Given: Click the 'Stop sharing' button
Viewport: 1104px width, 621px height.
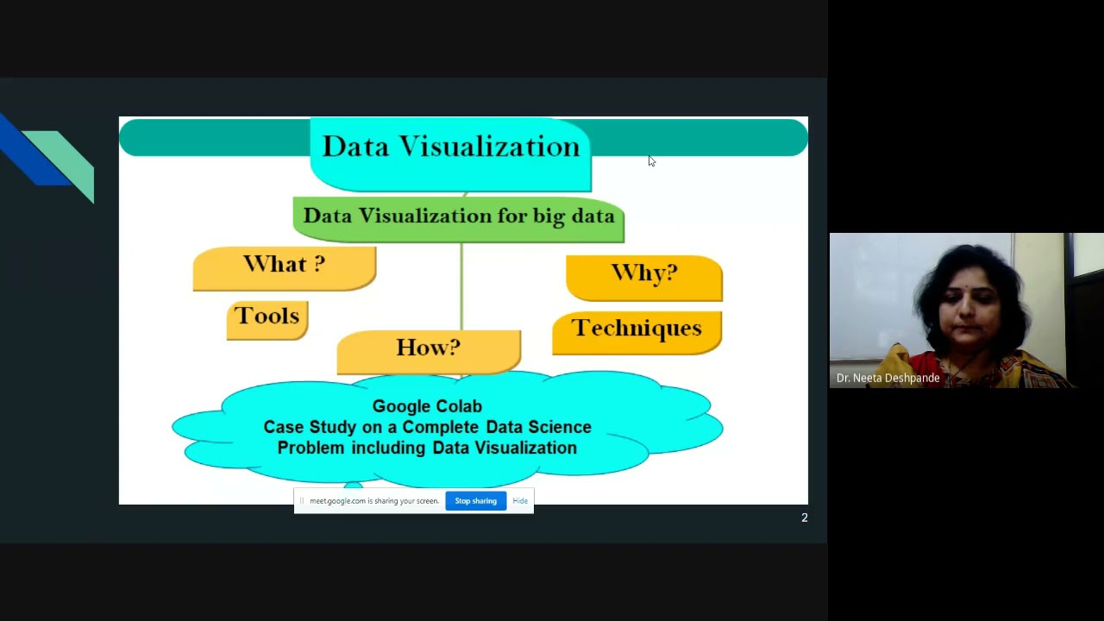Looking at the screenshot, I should click(x=475, y=501).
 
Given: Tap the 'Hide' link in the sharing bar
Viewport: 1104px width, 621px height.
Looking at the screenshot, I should click(x=520, y=501).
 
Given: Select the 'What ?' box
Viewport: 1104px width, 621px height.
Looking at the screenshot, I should click(x=284, y=267).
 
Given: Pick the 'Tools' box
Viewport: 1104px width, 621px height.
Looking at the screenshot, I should click(x=267, y=317).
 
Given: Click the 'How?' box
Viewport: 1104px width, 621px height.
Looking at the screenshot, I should click(x=428, y=349).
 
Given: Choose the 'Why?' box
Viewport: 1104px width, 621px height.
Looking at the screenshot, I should click(x=643, y=275).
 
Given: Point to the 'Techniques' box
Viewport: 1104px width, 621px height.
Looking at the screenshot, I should click(x=637, y=330).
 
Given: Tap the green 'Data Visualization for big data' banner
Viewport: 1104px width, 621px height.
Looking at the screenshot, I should click(x=458, y=217).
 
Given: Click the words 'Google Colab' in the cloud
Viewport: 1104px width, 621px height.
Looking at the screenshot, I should click(x=427, y=406).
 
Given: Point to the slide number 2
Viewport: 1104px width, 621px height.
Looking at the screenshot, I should click(x=805, y=517).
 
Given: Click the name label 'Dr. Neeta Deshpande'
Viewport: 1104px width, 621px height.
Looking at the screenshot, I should click(x=888, y=378).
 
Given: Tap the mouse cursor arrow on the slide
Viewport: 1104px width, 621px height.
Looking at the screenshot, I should click(x=651, y=160).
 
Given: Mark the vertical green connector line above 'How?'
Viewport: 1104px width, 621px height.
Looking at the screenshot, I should click(x=461, y=285).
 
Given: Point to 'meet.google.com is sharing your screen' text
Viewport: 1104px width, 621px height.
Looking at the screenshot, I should click(x=373, y=501).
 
